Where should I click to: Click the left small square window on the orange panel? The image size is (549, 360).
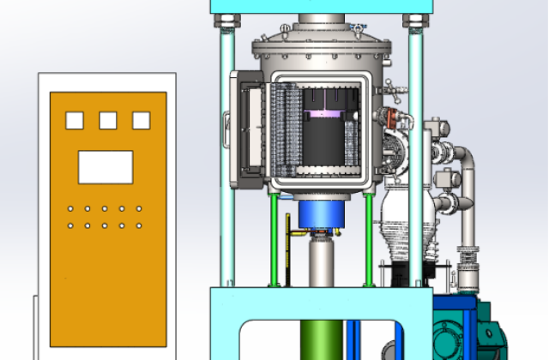click(75, 121)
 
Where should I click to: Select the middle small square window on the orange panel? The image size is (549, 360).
click(108, 121)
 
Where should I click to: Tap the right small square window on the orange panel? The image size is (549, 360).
click(141, 121)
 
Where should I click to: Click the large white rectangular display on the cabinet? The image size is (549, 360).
click(106, 166)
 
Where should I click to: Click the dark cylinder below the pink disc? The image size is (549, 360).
click(323, 142)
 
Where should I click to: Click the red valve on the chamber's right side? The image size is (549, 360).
click(393, 115)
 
